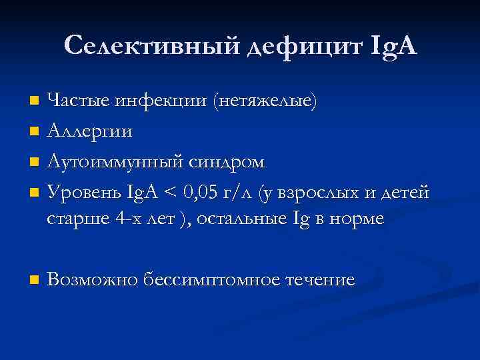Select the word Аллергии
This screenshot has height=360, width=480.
click(89, 132)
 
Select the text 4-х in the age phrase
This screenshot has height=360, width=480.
click(118, 219)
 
